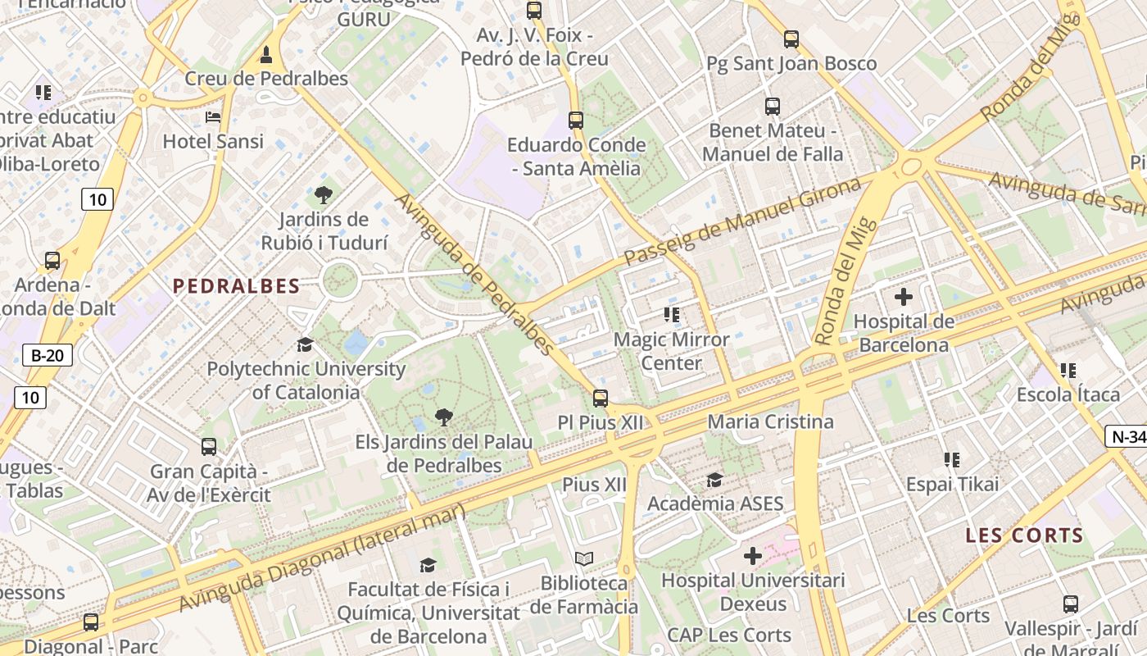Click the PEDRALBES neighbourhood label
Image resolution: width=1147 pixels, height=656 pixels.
tap(236, 286)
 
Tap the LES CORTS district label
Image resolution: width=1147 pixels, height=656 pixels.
tap(1024, 536)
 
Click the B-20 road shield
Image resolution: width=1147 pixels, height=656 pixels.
tap(48, 355)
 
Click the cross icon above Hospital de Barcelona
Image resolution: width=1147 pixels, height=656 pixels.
tap(904, 296)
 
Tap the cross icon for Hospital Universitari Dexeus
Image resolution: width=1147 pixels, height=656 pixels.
tap(752, 557)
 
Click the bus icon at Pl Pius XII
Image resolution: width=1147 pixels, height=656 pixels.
tap(601, 399)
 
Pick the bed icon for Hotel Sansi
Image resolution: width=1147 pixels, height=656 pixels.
tap(213, 117)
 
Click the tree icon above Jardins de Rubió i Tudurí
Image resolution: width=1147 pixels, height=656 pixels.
tap(324, 195)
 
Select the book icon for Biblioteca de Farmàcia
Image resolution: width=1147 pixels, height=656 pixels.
tap(583, 559)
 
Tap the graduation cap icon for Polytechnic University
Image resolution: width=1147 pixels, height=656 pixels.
tap(305, 344)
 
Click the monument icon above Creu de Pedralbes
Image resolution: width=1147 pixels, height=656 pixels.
tap(265, 55)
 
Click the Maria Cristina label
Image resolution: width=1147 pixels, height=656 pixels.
tap(770, 421)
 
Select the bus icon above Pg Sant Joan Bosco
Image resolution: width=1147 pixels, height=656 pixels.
tap(791, 39)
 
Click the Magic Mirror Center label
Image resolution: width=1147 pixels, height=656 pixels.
tap(671, 351)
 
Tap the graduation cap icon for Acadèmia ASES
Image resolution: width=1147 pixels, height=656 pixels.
tap(714, 480)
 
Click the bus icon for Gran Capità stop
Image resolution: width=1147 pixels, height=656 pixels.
tap(209, 447)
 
